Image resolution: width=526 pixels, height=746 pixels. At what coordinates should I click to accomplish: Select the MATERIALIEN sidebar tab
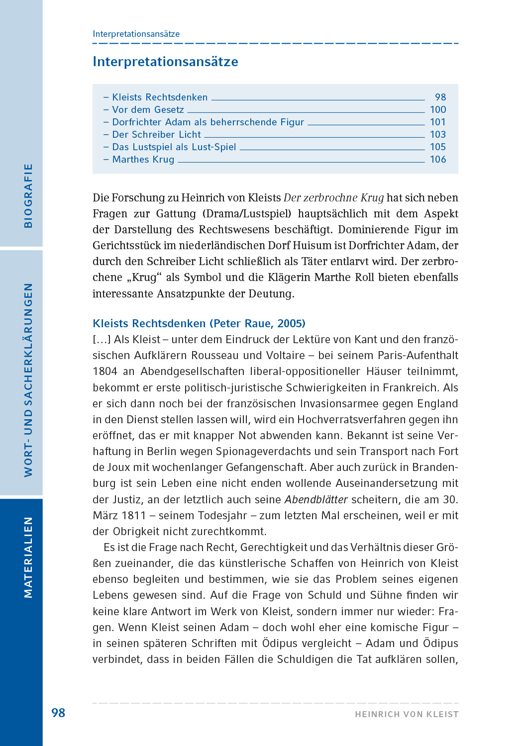[x=28, y=557]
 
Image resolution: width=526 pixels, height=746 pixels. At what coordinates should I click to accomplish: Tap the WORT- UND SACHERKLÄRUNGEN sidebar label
[x=28, y=380]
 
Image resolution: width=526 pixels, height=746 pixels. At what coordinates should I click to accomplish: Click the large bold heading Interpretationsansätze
[x=165, y=62]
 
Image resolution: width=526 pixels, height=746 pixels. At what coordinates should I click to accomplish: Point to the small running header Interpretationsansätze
[x=136, y=34]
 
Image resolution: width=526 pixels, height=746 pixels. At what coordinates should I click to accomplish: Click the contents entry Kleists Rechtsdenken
[x=159, y=97]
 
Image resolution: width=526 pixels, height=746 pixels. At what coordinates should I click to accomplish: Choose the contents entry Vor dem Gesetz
[x=147, y=109]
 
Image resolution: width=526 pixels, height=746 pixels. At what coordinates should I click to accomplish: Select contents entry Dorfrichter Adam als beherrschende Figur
[x=208, y=122]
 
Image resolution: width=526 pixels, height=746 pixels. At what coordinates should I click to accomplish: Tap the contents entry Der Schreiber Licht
[x=156, y=134]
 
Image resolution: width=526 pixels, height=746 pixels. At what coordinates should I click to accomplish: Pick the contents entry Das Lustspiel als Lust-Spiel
[x=174, y=147]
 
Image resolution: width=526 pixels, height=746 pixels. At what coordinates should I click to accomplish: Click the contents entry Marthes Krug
[x=143, y=159]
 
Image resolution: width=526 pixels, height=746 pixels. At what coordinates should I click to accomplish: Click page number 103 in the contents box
[x=438, y=134]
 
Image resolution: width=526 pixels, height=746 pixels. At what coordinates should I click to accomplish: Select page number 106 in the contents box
[x=438, y=159]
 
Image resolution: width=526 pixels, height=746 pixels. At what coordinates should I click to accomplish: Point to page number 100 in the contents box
[x=438, y=109]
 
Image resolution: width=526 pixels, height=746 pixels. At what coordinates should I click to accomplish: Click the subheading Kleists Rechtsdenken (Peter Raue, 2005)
[x=199, y=323]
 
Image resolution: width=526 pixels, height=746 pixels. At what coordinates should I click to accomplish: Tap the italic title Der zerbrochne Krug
[x=333, y=198]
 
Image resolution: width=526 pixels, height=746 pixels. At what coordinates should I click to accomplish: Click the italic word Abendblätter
[x=316, y=499]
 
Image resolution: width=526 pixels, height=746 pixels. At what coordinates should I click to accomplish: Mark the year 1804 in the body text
[x=105, y=372]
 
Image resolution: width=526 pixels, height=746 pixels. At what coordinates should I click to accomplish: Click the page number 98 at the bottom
[x=58, y=713]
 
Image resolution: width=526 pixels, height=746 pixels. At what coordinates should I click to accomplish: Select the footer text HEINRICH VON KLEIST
[x=407, y=714]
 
